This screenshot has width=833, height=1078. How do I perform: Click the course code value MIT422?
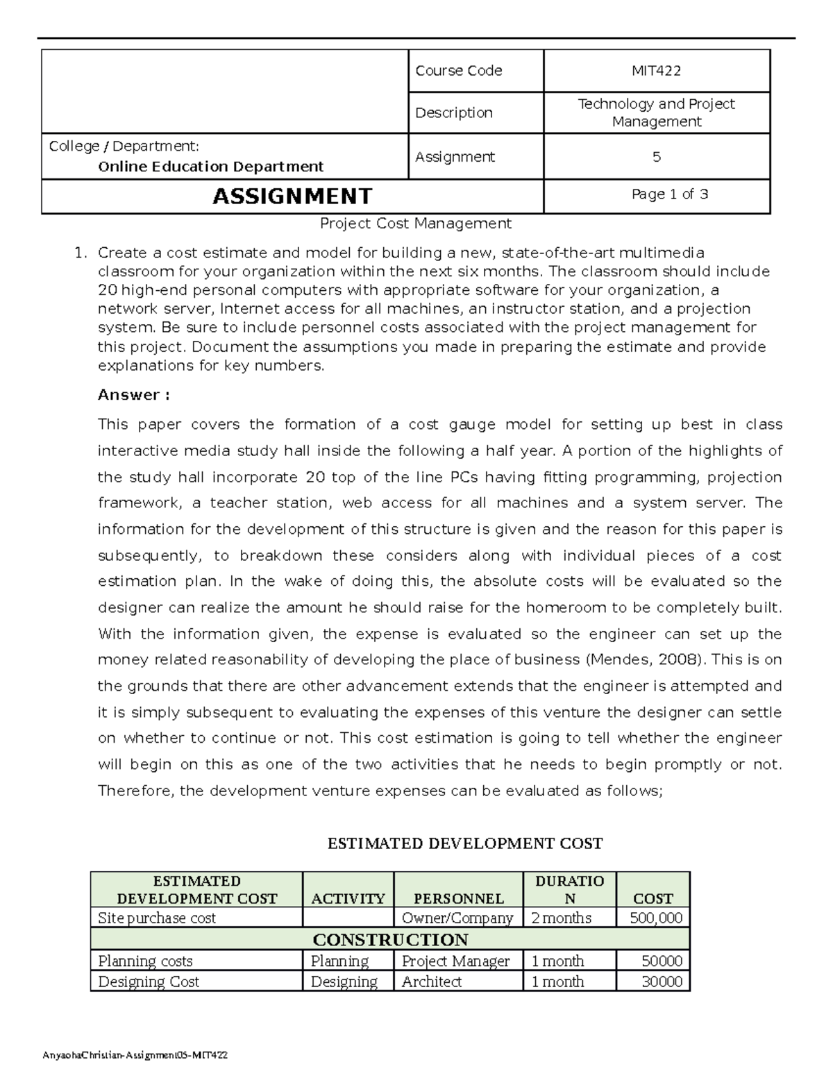[x=656, y=71]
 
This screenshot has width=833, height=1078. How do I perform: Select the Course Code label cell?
[x=458, y=71]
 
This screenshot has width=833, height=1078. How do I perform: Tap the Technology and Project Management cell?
[x=656, y=112]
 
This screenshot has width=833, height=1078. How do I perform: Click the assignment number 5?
[x=656, y=157]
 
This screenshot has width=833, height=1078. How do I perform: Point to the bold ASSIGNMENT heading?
[x=292, y=196]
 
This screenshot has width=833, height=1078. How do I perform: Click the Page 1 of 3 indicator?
[x=669, y=194]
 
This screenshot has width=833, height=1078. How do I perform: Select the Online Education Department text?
[x=210, y=167]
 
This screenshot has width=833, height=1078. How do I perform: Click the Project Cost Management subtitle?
[x=415, y=224]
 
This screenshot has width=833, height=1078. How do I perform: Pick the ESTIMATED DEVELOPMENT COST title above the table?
[x=464, y=843]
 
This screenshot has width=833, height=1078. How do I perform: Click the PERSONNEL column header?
[x=457, y=898]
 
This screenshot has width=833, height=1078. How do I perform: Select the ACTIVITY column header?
[x=348, y=898]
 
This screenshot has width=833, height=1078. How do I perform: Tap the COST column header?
[x=653, y=898]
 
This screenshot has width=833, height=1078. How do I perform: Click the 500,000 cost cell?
[x=655, y=918]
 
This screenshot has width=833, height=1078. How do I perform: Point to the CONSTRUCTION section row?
[x=390, y=940]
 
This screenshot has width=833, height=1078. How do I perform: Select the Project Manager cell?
[x=455, y=961]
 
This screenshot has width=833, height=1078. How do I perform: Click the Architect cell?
[x=432, y=982]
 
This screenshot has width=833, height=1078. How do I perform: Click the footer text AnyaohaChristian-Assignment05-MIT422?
[x=135, y=1055]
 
